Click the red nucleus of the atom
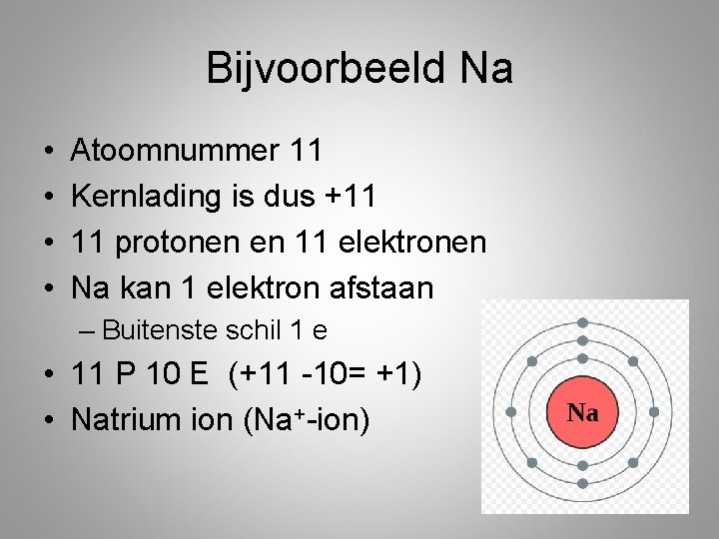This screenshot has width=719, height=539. point(583,411)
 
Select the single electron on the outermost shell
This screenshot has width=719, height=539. point(582,322)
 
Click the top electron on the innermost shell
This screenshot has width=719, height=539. point(582,357)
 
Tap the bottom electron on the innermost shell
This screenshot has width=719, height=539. point(582,464)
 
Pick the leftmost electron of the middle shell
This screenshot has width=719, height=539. point(511,411)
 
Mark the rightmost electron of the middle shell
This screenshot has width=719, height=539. point(654,411)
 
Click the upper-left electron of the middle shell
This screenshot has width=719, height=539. point(532,360)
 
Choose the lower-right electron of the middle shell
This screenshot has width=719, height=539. point(633,462)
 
